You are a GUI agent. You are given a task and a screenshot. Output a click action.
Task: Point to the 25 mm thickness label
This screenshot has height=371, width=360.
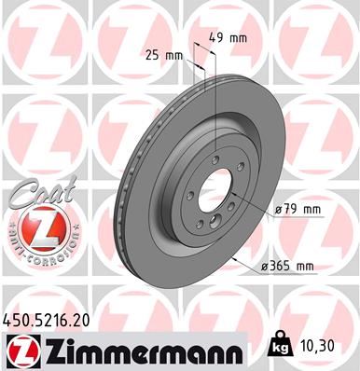(x=164, y=55)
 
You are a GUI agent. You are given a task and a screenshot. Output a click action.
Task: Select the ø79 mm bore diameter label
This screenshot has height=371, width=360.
(x=298, y=211)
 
